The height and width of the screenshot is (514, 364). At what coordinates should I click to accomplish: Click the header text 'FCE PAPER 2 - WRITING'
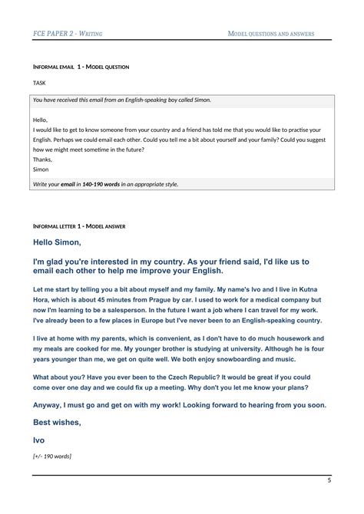[x=68, y=34]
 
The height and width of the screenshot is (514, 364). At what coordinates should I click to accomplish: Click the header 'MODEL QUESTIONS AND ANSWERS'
[x=271, y=34]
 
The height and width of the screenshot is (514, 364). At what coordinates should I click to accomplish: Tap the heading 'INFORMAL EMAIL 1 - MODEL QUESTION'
[x=81, y=68]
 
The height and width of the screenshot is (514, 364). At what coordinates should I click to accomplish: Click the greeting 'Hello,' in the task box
[x=41, y=120]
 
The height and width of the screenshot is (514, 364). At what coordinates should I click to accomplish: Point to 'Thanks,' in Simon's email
[x=44, y=160]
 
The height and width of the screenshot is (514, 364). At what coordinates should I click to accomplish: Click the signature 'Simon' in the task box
[x=41, y=169]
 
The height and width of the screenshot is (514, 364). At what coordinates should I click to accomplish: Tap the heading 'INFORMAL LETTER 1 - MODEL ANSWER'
[x=79, y=227]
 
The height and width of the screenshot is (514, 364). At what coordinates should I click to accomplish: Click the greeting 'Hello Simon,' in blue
[x=58, y=242]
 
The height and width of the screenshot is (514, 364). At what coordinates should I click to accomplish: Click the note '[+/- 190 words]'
[x=52, y=456]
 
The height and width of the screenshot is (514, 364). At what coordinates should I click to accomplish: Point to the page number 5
[x=329, y=480]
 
